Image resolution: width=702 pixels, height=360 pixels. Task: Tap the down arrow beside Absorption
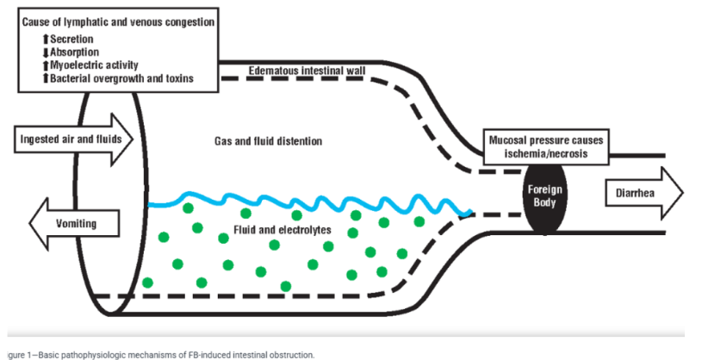coord(46,52)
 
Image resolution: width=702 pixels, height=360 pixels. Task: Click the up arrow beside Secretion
coord(46,39)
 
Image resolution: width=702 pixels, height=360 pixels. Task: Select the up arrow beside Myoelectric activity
coord(46,65)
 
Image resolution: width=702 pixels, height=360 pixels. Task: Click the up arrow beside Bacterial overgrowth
coord(46,78)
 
